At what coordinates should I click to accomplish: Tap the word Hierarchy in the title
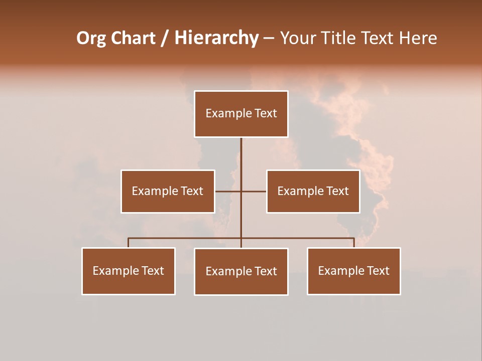pyautogui.click(x=216, y=38)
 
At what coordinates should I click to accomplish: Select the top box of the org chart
pyautogui.click(x=241, y=114)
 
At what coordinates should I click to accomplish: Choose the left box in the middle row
pyautogui.click(x=168, y=191)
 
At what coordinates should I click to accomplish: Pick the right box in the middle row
pyautogui.click(x=313, y=191)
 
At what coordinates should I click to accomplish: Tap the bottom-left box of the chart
pyautogui.click(x=129, y=271)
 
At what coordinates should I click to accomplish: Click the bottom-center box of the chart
pyautogui.click(x=241, y=271)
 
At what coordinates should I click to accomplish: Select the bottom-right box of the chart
pyautogui.click(x=353, y=271)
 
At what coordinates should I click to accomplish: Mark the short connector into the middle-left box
pyautogui.click(x=227, y=191)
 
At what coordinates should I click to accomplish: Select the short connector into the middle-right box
pyautogui.click(x=254, y=191)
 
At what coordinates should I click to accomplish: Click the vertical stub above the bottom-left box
pyautogui.click(x=129, y=243)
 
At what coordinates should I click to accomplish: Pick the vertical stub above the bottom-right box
pyautogui.click(x=354, y=243)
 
